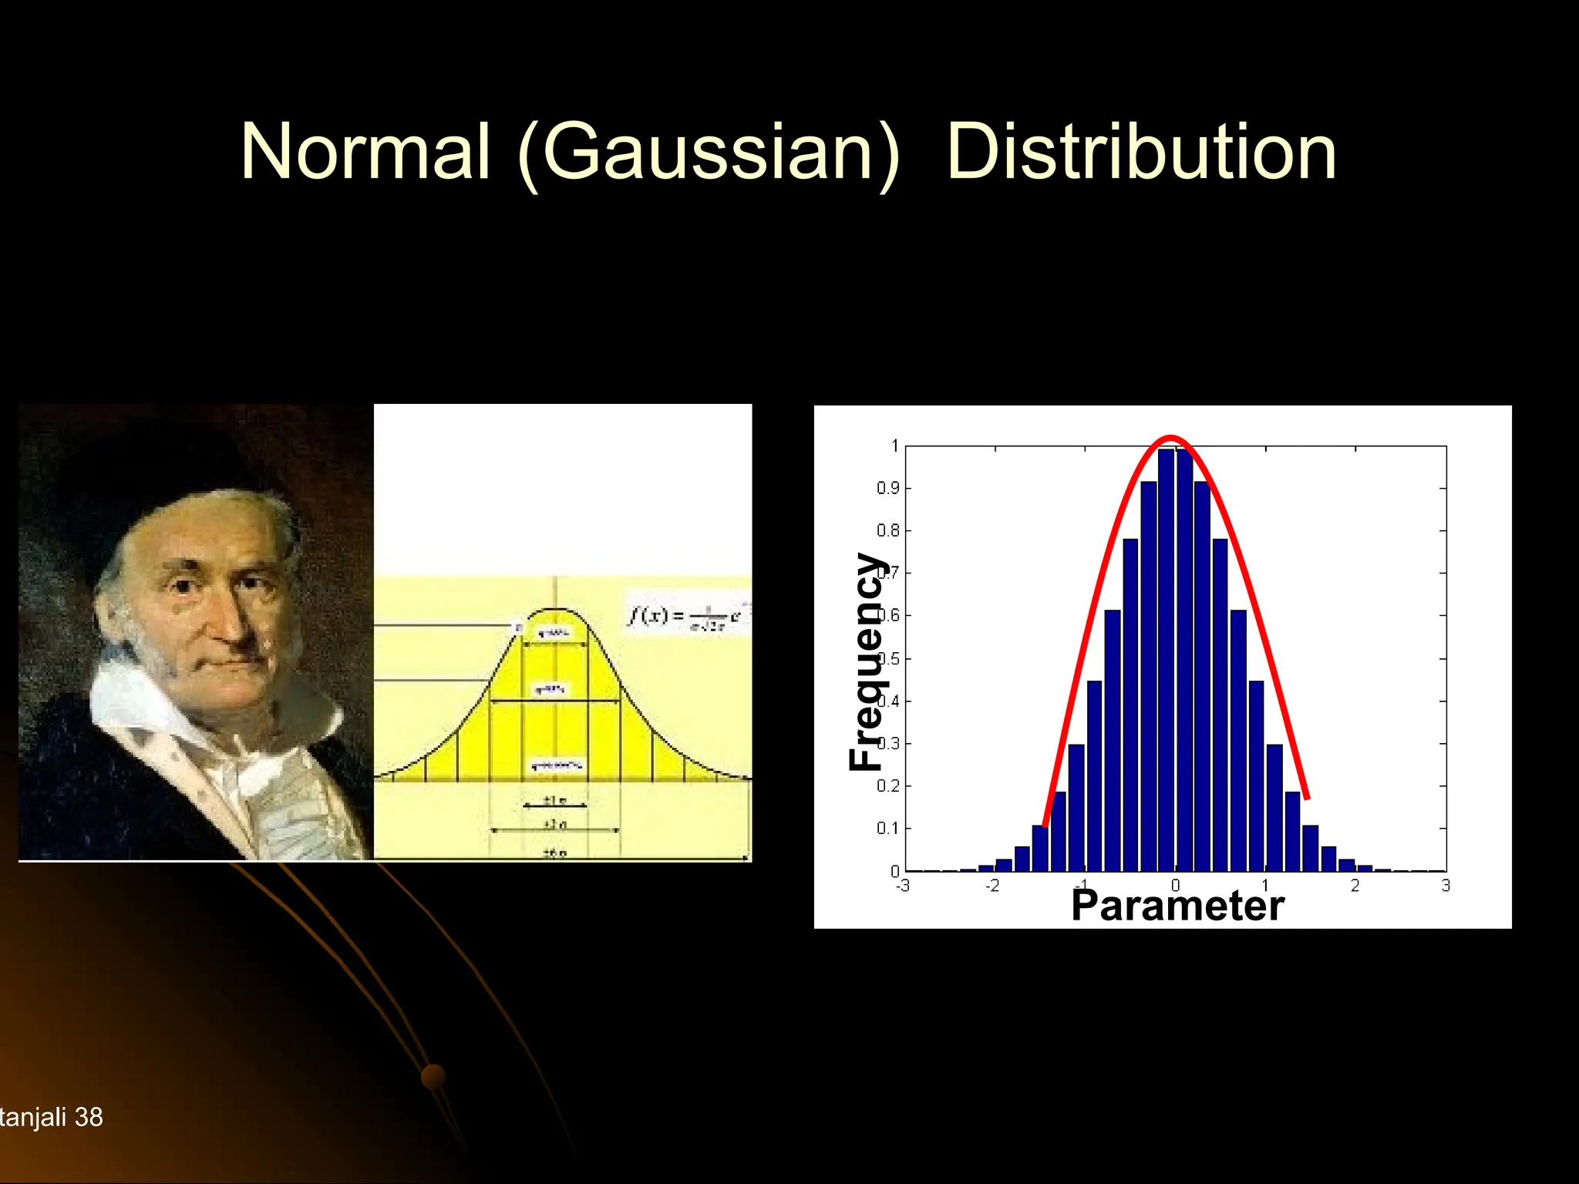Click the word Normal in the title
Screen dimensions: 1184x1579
pyautogui.click(x=365, y=152)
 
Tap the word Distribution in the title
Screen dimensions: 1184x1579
pyautogui.click(x=1141, y=152)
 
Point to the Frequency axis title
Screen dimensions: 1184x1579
pyautogui.click(x=867, y=661)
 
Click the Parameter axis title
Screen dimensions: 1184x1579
pyautogui.click(x=1177, y=905)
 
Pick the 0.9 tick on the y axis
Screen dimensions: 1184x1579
pyautogui.click(x=887, y=489)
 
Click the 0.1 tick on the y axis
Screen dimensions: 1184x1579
pyautogui.click(x=887, y=829)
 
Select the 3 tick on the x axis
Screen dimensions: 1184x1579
pyautogui.click(x=1446, y=886)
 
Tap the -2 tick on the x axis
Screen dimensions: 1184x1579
pyautogui.click(x=992, y=886)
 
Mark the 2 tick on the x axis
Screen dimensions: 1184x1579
pyautogui.click(x=1355, y=886)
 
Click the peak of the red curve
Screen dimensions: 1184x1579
pyautogui.click(x=1171, y=439)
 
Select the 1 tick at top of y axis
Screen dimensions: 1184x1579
pyautogui.click(x=894, y=446)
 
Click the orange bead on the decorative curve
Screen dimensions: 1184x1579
pyautogui.click(x=433, y=1076)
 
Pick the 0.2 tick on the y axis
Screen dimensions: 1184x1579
pyautogui.click(x=887, y=786)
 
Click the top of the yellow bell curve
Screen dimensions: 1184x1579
pyautogui.click(x=556, y=610)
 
